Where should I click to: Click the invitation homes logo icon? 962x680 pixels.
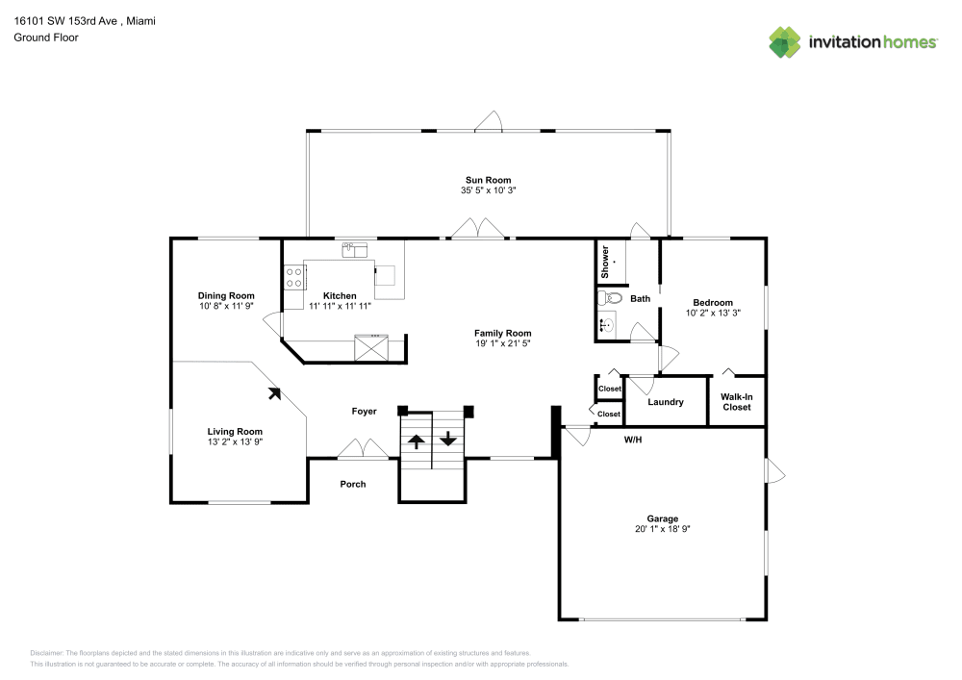pos(784,42)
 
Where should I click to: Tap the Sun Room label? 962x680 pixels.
pos(488,180)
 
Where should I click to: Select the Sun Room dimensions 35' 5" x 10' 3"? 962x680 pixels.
pos(488,190)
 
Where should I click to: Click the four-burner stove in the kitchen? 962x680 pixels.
pos(293,278)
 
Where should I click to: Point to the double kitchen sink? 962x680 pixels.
pos(355,250)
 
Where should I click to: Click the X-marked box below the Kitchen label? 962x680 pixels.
pos(370,346)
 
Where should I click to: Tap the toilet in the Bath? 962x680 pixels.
pos(606,298)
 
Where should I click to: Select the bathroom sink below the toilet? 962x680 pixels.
pos(606,325)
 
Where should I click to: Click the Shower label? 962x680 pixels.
pos(606,262)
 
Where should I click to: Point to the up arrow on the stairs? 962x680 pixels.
pos(416,441)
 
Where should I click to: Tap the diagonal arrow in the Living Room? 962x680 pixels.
pos(274,392)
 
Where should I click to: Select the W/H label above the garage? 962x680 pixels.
pos(633,440)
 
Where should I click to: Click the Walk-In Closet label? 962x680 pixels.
pos(737,401)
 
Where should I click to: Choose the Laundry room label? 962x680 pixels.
pos(666,402)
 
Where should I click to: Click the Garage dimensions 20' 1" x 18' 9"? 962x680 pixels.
pos(662,529)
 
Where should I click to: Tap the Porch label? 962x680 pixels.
pos(353,484)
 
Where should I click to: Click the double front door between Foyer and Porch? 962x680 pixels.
pos(363,450)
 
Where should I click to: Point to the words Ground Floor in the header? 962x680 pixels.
pos(46,38)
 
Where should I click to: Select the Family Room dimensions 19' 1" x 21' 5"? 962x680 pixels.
pos(502,343)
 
